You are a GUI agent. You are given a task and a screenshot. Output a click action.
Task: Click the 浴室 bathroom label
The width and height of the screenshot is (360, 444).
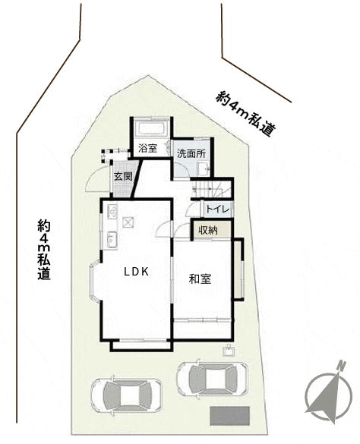(x=147, y=148)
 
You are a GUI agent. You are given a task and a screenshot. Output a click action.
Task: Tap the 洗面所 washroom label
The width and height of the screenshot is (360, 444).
(x=191, y=153)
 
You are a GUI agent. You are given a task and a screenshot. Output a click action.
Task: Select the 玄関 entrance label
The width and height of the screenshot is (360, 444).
(x=123, y=176)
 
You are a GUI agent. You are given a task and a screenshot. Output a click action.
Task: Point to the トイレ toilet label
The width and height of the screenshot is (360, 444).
(x=217, y=209)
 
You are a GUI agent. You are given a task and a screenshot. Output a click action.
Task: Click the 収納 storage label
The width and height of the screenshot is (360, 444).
(x=208, y=231)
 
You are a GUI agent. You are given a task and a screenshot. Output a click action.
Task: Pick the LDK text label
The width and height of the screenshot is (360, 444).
(x=137, y=272)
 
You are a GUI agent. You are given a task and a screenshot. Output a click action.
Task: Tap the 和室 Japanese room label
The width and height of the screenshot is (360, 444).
(x=200, y=279)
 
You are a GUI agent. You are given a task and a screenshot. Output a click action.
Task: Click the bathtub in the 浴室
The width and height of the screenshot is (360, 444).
(x=151, y=129)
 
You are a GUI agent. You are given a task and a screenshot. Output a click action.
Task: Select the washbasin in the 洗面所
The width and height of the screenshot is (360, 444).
(x=204, y=169)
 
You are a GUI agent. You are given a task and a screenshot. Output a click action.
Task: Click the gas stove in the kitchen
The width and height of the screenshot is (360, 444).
(x=112, y=212)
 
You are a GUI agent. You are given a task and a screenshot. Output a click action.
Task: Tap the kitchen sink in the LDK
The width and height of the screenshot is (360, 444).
(x=112, y=240)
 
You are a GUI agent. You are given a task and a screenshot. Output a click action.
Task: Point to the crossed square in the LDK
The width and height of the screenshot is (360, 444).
(x=128, y=222)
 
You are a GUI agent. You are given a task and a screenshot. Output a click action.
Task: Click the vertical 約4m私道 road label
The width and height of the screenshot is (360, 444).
(x=44, y=250)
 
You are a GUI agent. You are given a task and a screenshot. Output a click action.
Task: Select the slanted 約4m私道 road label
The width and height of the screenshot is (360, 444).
(x=245, y=114)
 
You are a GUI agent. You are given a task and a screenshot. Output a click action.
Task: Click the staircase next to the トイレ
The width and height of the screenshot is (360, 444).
(x=211, y=189)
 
